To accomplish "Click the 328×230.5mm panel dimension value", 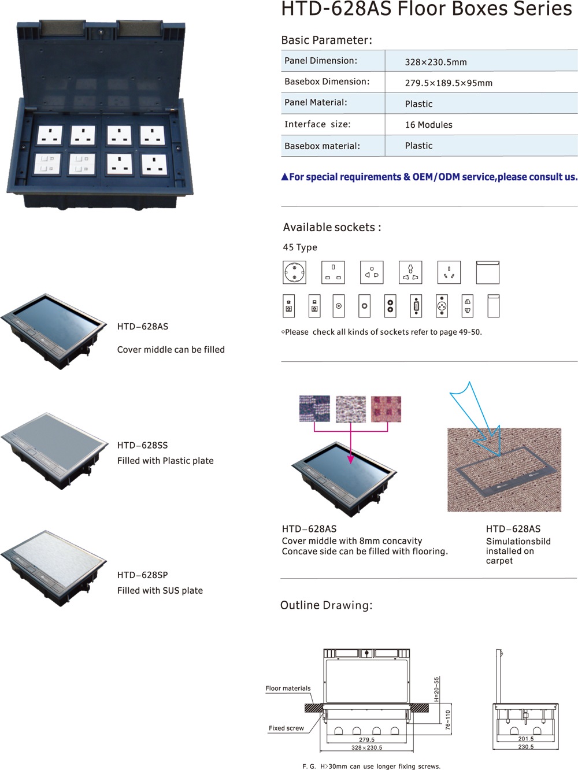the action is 436,62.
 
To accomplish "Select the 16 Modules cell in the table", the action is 429,124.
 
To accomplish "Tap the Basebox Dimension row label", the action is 327,82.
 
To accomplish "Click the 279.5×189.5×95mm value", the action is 449,83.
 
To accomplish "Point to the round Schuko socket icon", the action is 294,272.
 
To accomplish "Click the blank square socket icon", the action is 487,272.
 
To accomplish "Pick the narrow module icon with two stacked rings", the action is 390,306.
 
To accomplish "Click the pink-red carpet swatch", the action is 386,409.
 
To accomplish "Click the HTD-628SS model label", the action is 142,445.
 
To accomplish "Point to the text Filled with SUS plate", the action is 160,590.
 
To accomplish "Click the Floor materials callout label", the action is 288,688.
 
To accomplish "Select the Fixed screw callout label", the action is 286,728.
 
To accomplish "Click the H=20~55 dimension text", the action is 436,689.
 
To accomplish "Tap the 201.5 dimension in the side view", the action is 526,738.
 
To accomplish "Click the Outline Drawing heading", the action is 326,605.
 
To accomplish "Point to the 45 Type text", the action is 300,247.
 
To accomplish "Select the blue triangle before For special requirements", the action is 284,177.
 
